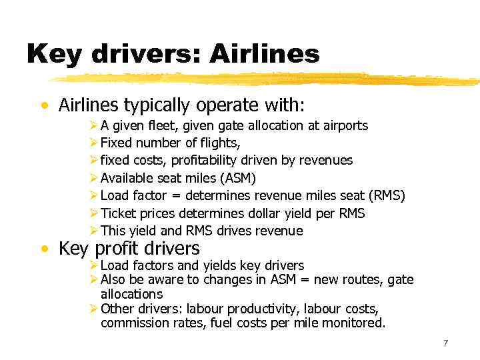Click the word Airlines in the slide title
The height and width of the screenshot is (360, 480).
(x=264, y=53)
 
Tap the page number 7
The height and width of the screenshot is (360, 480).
(x=445, y=343)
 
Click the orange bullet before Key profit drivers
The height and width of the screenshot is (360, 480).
(x=44, y=249)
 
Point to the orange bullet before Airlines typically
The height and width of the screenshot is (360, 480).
(x=44, y=106)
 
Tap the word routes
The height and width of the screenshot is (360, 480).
(x=361, y=280)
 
